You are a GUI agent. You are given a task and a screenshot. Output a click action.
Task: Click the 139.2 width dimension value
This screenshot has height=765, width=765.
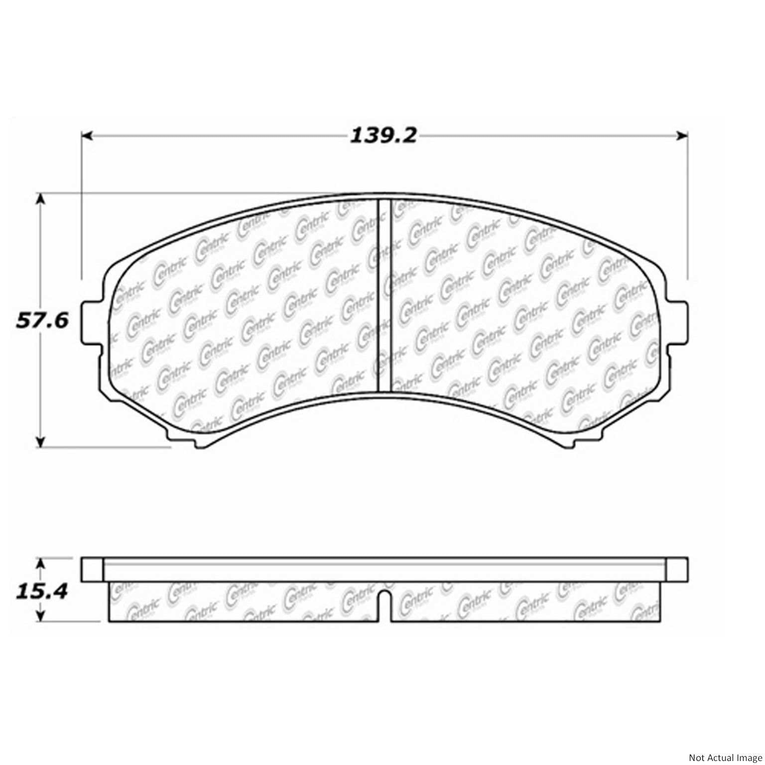(x=382, y=135)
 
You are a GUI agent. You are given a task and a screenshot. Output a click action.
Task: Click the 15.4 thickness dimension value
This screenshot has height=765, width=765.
(x=42, y=591)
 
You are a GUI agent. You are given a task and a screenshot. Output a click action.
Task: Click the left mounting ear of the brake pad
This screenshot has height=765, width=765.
(x=93, y=323)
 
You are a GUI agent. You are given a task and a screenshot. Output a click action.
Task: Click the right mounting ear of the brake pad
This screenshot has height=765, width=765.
(x=677, y=323)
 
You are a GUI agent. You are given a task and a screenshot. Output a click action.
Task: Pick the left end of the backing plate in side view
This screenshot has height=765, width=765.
(x=92, y=570)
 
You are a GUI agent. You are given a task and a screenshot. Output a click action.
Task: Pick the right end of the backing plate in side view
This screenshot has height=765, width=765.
(x=677, y=570)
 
